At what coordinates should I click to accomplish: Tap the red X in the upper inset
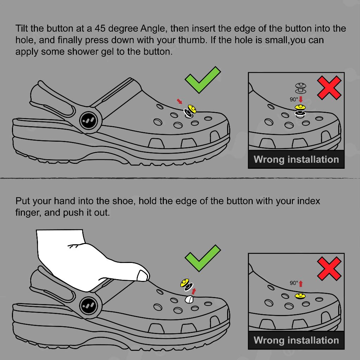click(x=329, y=88)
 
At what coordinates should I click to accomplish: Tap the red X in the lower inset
click(x=329, y=268)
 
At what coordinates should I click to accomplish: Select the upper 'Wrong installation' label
click(x=296, y=159)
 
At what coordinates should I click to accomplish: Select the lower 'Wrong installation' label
click(x=296, y=340)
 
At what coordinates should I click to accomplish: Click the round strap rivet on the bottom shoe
click(x=90, y=306)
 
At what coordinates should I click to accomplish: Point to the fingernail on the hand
click(x=142, y=276)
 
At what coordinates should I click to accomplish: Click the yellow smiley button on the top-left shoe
click(x=192, y=109)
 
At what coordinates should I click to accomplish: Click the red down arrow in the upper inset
click(x=301, y=99)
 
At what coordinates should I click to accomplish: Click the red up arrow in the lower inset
click(x=301, y=284)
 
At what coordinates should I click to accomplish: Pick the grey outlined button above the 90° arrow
click(x=301, y=88)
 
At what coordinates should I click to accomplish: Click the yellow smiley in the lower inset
click(x=300, y=295)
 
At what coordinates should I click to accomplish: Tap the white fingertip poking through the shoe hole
click(x=189, y=300)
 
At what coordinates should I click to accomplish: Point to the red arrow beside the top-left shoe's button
click(x=179, y=101)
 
